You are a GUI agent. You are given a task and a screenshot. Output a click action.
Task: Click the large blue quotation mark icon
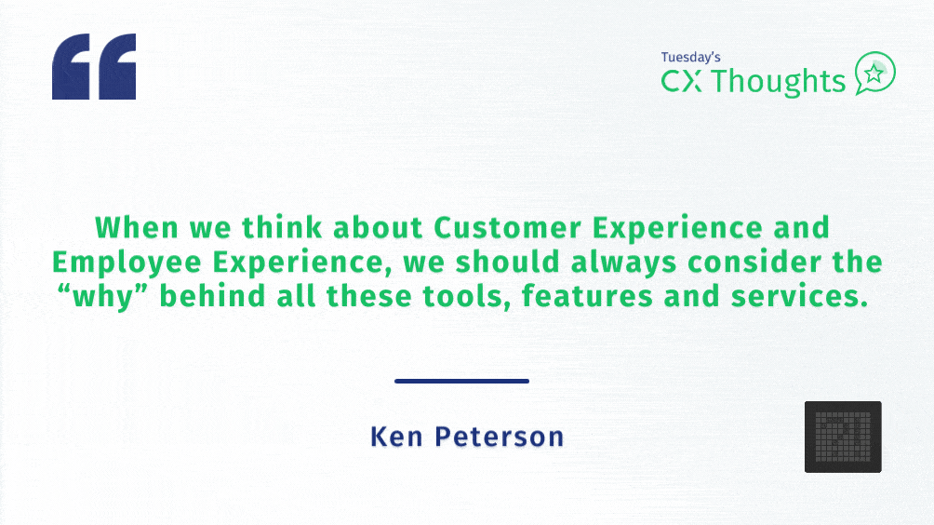94,66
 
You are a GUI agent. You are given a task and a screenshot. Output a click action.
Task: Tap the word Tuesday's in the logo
690,57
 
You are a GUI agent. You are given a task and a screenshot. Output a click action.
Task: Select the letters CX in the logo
682,81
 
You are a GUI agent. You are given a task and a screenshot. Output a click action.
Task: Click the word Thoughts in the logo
779,82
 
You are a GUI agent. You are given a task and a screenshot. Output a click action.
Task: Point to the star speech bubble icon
875,73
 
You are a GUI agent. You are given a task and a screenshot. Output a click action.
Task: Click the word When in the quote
137,227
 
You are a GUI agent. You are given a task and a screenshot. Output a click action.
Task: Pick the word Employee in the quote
127,262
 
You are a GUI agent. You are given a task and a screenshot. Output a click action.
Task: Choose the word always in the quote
623,262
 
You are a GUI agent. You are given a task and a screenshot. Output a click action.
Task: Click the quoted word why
103,297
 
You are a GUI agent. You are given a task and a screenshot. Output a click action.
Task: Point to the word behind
212,296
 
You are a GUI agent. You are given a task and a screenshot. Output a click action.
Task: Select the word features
587,296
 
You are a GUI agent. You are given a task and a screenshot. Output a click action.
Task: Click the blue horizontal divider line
461,381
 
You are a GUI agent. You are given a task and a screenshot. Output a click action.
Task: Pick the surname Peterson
500,437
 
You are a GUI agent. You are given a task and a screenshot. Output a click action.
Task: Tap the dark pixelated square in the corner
843,437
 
